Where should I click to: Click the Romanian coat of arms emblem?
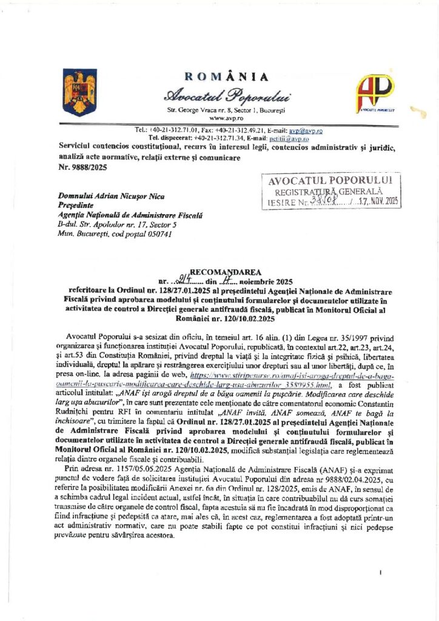pos(79,92)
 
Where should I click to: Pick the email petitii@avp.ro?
pos(290,138)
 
